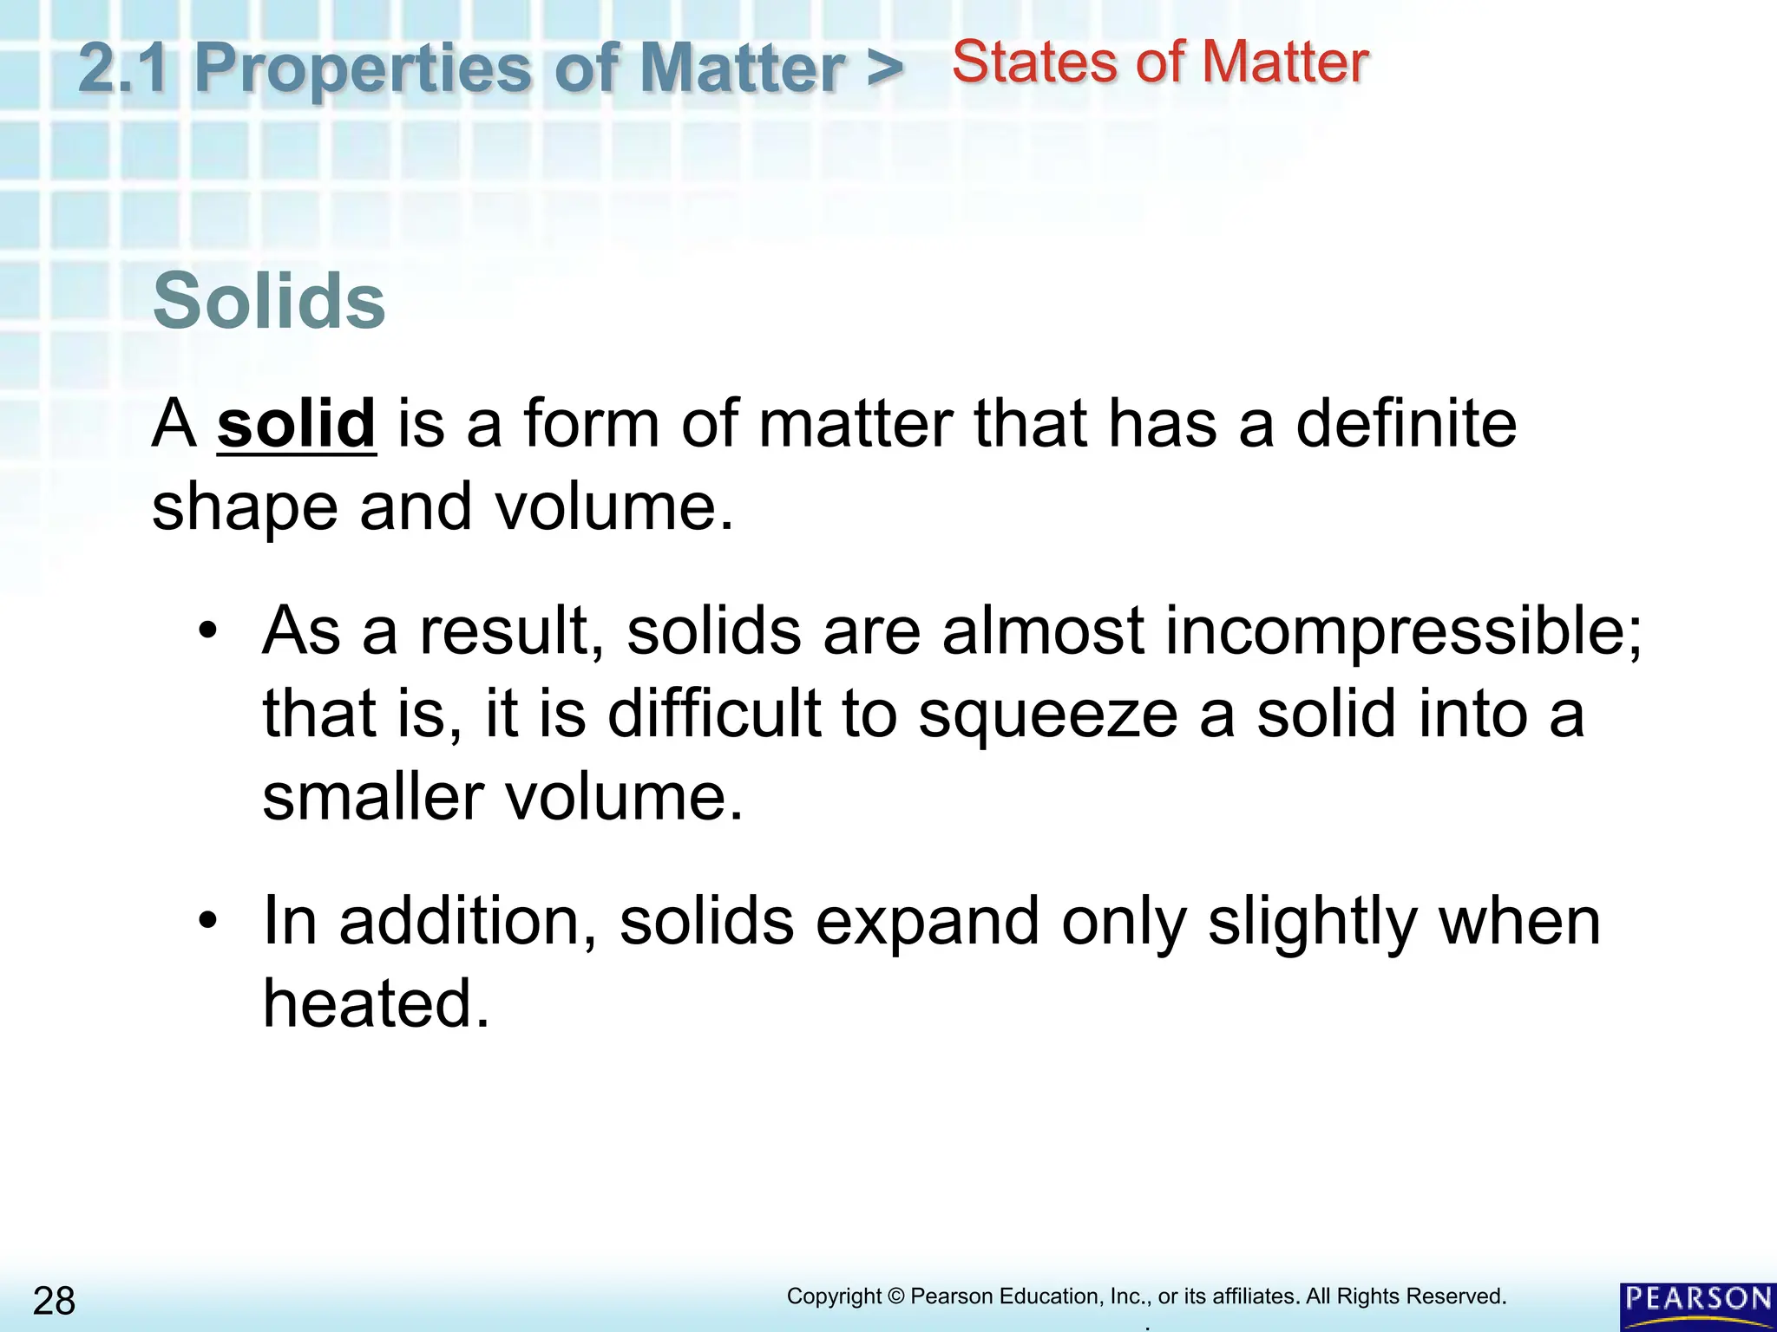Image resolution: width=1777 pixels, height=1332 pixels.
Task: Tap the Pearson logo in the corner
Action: pyautogui.click(x=1698, y=1304)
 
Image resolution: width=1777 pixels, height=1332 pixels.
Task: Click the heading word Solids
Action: pyautogui.click(x=269, y=301)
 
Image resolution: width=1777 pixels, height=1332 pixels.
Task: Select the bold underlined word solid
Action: pyautogui.click(x=296, y=423)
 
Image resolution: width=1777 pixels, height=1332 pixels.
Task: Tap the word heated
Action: pyautogui.click(x=376, y=1003)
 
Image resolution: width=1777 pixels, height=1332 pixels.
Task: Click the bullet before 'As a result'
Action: pyautogui.click(x=207, y=631)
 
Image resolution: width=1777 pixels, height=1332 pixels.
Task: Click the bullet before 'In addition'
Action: pyautogui.click(x=207, y=921)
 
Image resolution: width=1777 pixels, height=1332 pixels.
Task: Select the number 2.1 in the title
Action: pyautogui.click(x=123, y=68)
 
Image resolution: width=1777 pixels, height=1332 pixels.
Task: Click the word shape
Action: pyautogui.click(x=245, y=507)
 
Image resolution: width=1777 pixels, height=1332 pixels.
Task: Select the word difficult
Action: pyautogui.click(x=713, y=715)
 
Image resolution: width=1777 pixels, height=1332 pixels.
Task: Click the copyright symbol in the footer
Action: pyautogui.click(x=895, y=1296)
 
